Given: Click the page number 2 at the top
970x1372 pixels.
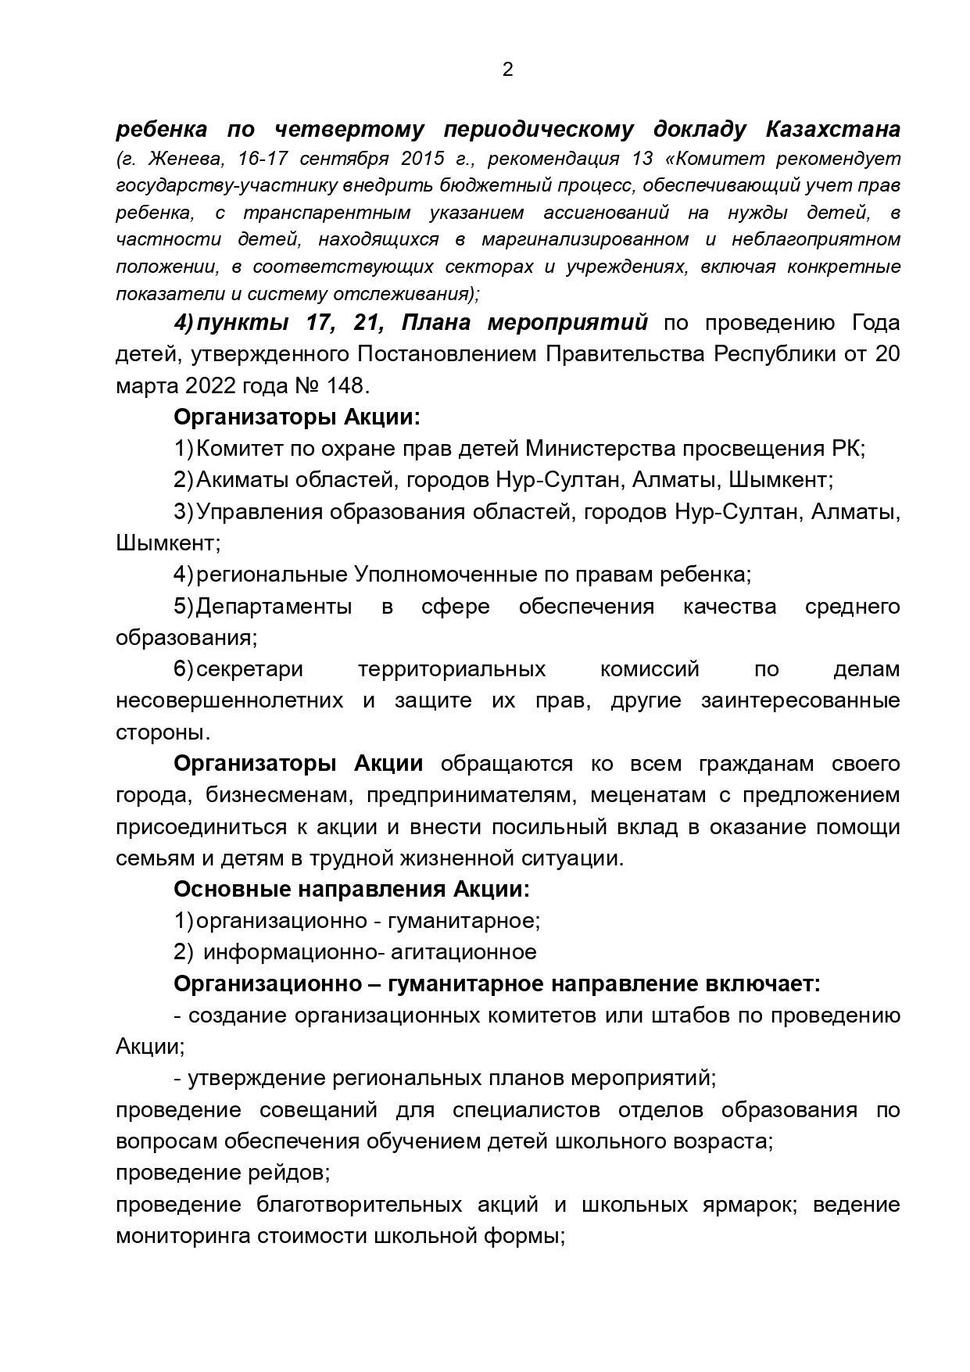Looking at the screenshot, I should (507, 70).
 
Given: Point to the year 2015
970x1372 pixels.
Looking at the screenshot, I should (422, 159).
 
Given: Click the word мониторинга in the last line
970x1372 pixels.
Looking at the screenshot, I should (177, 1236).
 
